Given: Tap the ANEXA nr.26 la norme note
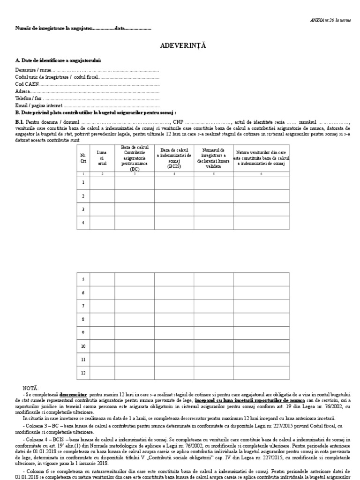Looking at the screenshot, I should tap(330, 20).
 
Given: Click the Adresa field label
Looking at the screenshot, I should tap(22, 91).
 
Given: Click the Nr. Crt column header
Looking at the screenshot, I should tap(83, 158).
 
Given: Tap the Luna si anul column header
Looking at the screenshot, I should tap(102, 158).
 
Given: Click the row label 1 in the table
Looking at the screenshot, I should tap(83, 183).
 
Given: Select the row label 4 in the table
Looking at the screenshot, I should tap(83, 223).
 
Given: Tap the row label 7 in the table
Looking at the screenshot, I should tap(83, 306).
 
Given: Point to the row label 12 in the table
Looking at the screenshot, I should tap(83, 373).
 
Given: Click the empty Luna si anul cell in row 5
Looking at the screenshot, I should tap(102, 279).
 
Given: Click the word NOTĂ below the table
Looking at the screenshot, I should tap(31, 389).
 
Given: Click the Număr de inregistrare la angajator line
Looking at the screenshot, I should tap(83, 29).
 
